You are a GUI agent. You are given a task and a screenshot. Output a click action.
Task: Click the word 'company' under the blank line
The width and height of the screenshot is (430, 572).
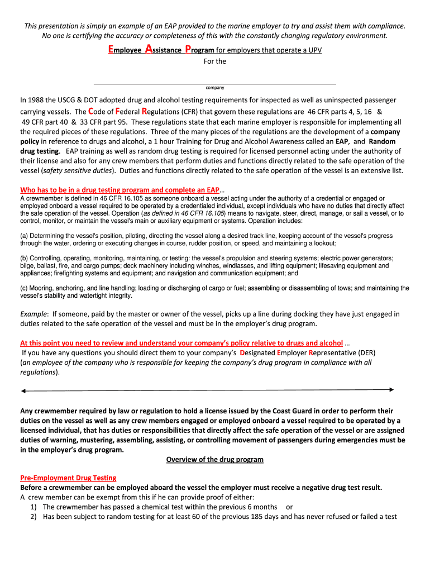point(215,88)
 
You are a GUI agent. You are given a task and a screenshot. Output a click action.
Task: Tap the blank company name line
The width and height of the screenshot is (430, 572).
point(215,83)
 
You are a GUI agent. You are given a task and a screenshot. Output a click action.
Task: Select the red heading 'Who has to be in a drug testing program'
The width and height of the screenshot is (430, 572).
point(120,190)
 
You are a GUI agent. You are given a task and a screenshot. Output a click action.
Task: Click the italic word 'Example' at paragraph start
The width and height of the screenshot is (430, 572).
point(34,314)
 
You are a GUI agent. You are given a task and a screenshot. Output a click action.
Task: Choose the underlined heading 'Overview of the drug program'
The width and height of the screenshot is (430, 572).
point(215,460)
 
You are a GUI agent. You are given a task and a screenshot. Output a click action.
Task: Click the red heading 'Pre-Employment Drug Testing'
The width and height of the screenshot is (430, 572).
point(68,478)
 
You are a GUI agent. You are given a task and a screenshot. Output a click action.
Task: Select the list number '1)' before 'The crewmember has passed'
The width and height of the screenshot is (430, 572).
point(34,507)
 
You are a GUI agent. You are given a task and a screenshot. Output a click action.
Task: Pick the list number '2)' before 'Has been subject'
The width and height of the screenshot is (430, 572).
point(34,517)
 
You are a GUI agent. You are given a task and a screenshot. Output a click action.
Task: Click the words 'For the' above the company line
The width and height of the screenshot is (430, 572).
point(215,61)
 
